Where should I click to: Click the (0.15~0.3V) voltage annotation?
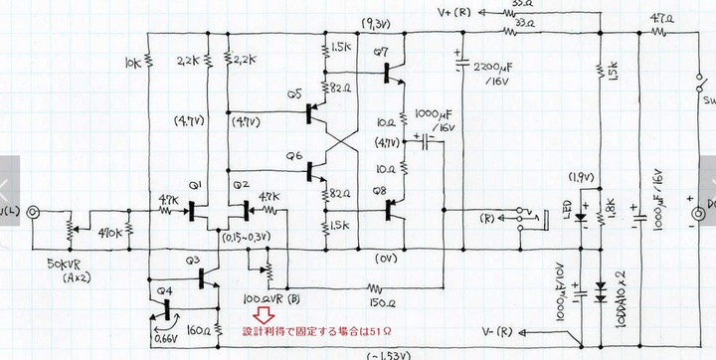click(x=246, y=238)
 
